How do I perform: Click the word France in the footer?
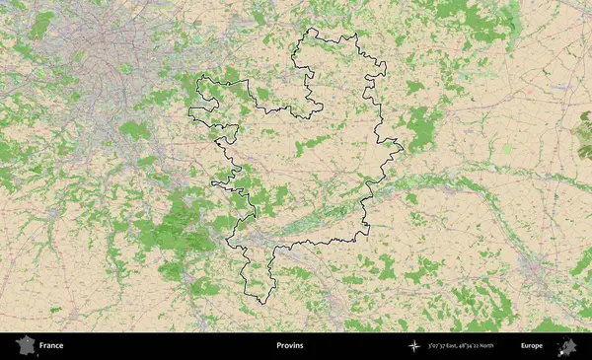click(x=51, y=346)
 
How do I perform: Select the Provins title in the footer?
click(x=290, y=346)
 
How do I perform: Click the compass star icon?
click(x=414, y=346)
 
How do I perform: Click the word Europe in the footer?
click(x=532, y=346)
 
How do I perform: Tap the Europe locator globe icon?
click(x=568, y=345)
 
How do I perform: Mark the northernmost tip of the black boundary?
click(x=314, y=30)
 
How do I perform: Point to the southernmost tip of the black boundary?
click(x=259, y=302)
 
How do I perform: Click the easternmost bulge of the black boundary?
click(x=402, y=150)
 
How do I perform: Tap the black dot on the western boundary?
click(x=213, y=141)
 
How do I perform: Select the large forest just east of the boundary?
click(x=424, y=125)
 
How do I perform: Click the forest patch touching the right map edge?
click(x=584, y=138)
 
